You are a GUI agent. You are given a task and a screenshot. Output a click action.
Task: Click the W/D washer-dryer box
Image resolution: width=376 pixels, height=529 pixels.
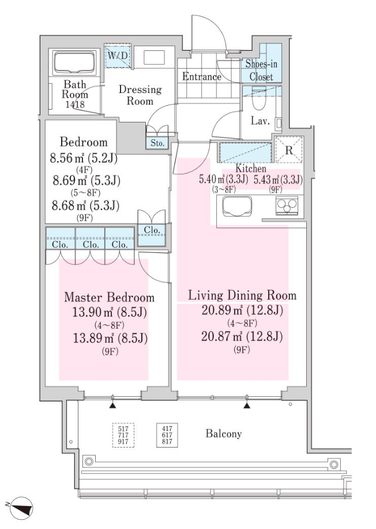116,55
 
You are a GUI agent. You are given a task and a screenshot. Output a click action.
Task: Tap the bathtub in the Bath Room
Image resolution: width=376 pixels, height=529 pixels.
75,62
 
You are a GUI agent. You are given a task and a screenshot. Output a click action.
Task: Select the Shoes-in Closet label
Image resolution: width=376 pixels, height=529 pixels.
261,70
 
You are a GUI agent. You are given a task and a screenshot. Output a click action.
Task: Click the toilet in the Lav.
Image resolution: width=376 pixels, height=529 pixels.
260,99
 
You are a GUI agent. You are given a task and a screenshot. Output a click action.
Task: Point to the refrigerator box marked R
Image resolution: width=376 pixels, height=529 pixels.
289,150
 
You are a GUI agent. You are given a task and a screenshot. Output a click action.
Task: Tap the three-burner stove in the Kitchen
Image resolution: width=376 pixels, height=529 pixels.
287,206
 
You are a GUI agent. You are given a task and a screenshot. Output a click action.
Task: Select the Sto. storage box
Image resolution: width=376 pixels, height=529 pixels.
157,143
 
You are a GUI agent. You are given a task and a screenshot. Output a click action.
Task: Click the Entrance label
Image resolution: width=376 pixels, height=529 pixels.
202,77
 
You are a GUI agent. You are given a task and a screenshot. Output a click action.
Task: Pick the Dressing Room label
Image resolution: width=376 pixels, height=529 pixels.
140,95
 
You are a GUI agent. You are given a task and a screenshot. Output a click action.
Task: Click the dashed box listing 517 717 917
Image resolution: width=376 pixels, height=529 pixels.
123,435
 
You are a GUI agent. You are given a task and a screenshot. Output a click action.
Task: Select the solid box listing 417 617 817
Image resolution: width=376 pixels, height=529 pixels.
167,435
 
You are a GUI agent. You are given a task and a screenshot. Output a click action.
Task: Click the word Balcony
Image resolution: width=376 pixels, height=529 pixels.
224,434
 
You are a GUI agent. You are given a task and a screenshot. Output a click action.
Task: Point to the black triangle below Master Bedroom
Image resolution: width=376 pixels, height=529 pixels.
113,405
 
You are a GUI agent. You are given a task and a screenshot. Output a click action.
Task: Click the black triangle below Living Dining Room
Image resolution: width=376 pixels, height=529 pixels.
247,405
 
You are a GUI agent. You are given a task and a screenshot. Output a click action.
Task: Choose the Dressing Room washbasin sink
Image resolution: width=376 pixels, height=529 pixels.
155,58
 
